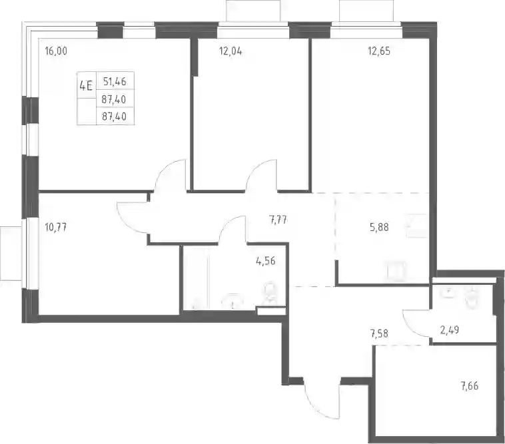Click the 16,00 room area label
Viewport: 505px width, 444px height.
coord(57,51)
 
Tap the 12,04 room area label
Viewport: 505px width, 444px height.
coord(231,51)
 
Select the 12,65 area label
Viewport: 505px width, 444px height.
coord(379,51)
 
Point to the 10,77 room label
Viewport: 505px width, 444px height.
coord(56,228)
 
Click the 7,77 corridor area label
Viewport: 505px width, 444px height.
coord(278,220)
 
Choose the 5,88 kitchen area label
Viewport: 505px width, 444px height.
coord(379,228)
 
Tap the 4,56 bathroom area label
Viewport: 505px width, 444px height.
coord(266,261)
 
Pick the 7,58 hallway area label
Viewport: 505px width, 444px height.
coord(379,333)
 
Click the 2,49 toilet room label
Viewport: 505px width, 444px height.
coord(449,330)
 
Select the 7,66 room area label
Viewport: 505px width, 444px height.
coord(469,385)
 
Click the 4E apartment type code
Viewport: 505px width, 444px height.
coord(86,86)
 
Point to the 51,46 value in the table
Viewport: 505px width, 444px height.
coord(115,82)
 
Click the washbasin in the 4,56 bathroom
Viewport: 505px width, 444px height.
coord(234,301)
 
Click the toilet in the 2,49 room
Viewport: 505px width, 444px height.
coord(472,296)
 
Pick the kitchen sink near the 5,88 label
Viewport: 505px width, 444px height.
coord(417,225)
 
